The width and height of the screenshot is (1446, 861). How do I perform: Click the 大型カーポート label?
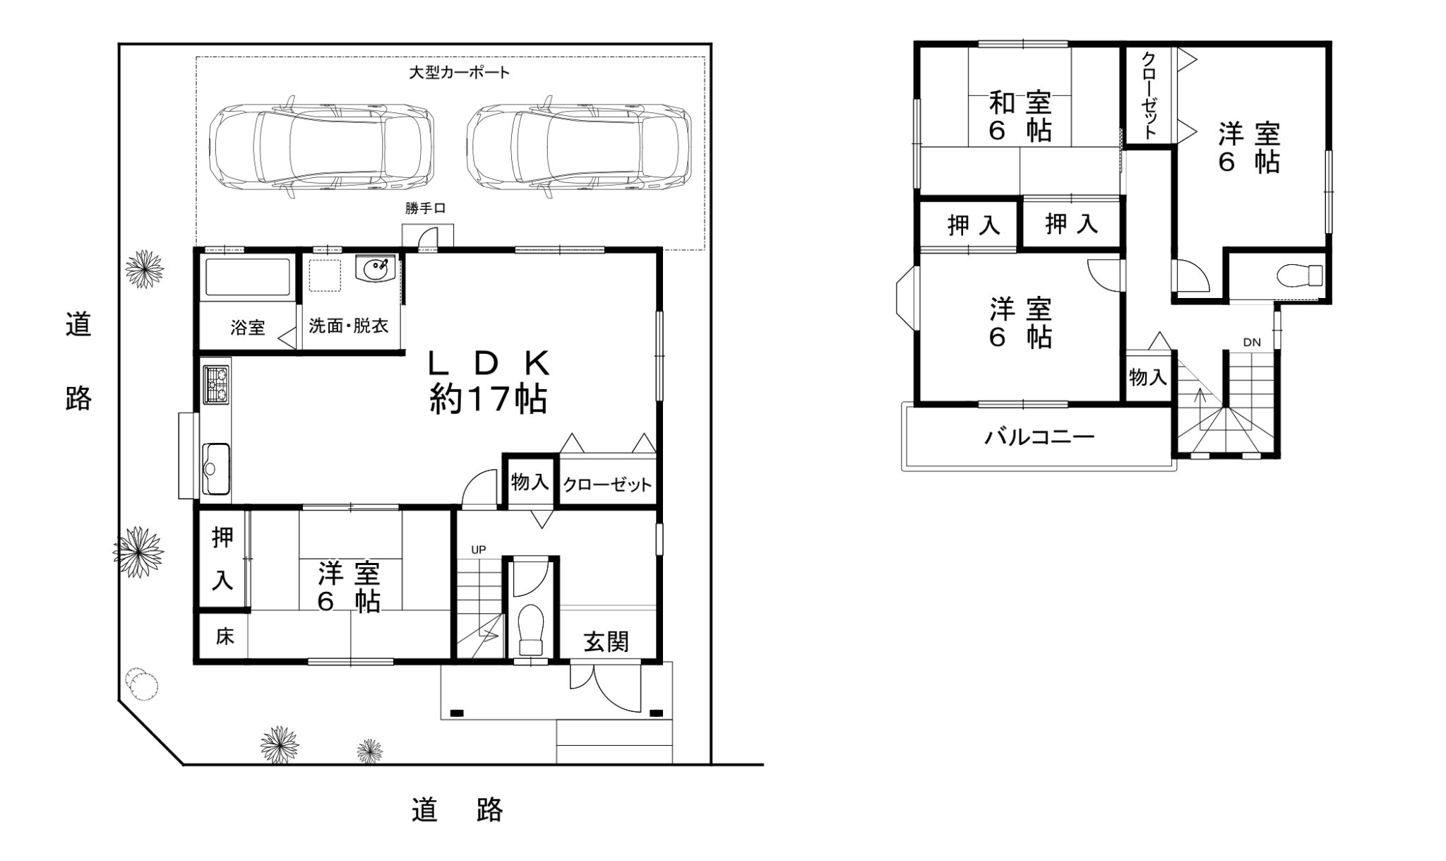coord(459,72)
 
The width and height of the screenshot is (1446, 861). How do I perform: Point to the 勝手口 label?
coord(425,208)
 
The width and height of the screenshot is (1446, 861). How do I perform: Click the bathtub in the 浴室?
coord(247,278)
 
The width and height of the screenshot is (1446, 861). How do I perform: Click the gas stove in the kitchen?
coord(216,384)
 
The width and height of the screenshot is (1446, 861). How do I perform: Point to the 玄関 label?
coord(606,642)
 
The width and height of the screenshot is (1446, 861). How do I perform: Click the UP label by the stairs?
coord(479,550)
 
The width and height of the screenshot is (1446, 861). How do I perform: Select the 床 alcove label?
coord(225,636)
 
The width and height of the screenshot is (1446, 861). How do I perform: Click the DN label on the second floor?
coord(1252,343)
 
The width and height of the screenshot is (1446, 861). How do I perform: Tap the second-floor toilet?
coord(1300,275)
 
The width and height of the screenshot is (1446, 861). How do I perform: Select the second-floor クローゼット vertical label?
coord(1149,95)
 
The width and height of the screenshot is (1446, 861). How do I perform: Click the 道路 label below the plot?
coord(457,810)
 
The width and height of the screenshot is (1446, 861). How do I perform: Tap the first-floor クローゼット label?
coord(607,485)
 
